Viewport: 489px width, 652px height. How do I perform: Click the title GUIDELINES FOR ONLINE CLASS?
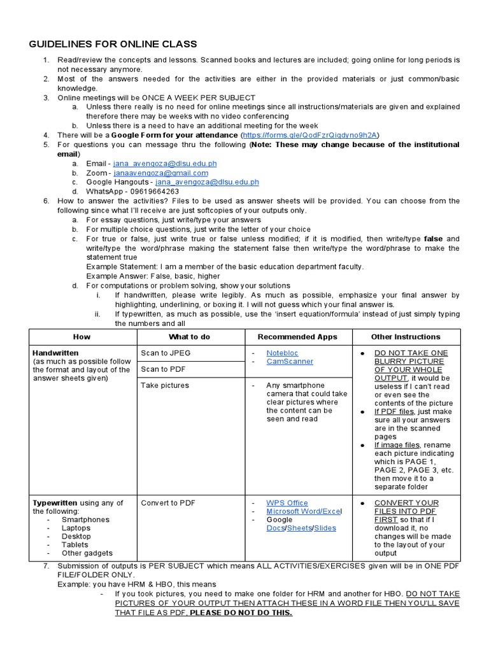(113, 44)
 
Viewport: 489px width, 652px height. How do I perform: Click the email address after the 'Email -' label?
(165, 164)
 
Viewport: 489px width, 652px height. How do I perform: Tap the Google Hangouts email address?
(207, 182)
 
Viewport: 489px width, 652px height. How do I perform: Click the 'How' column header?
(82, 337)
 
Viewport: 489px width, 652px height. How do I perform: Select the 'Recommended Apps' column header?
(297, 337)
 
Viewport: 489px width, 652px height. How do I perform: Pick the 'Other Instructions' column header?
(406, 337)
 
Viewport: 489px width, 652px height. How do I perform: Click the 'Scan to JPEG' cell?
(166, 353)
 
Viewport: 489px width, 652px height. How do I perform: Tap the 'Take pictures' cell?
(165, 385)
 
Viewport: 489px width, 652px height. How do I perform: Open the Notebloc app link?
(282, 353)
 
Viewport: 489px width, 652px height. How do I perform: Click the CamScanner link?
(290, 362)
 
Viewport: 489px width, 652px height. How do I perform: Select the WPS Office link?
(287, 503)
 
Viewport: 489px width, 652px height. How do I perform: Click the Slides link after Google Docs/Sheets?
(325, 528)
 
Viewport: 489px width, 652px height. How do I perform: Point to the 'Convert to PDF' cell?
(168, 503)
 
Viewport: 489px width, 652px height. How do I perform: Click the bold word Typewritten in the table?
(55, 503)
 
